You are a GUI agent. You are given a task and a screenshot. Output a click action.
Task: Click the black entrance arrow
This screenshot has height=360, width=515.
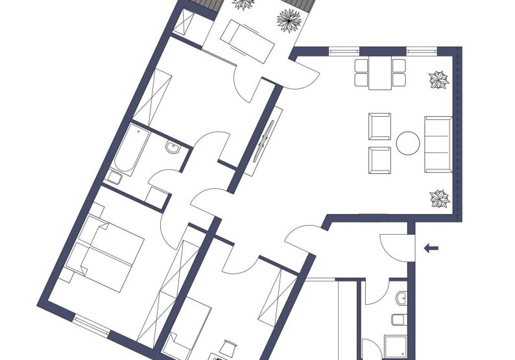(430, 247)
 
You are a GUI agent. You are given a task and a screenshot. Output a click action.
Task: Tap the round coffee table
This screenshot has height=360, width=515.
(409, 143)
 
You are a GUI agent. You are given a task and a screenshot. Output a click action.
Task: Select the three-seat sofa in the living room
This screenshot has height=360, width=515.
(438, 144)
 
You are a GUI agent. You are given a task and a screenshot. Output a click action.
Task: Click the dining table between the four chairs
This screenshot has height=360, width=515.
(379, 73)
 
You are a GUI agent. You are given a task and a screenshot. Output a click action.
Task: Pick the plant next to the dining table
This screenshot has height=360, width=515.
(439, 80)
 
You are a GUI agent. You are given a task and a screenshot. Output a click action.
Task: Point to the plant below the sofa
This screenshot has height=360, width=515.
(440, 198)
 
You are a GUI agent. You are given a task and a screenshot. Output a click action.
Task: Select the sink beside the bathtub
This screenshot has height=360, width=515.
(172, 149)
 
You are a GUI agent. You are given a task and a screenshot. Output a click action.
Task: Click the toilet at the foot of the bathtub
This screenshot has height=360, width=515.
(115, 177)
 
